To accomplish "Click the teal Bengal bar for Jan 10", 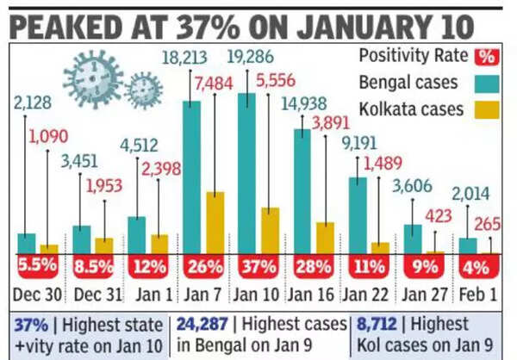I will (247, 172).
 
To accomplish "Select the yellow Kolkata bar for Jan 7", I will (215, 221).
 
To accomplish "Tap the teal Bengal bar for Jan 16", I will (302, 190).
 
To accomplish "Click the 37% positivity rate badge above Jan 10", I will (258, 267).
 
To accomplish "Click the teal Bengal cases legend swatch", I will (485, 84).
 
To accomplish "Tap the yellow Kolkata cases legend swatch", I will (485, 109).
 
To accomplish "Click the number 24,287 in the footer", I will (204, 325).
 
